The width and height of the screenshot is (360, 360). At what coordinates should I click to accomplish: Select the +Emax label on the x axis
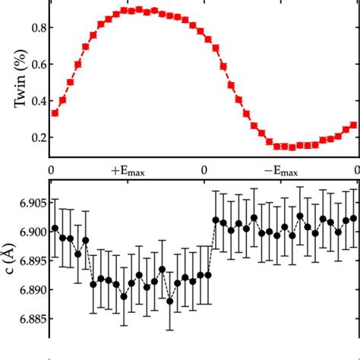(x=126, y=170)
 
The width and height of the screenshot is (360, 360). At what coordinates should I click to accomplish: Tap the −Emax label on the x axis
(x=280, y=170)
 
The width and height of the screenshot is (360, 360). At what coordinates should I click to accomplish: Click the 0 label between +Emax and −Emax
(x=204, y=170)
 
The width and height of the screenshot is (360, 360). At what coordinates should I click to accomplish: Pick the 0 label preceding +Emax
(x=51, y=170)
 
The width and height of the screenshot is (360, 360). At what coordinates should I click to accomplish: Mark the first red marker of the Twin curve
(x=55, y=113)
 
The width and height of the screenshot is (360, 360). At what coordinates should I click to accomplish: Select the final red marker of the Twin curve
(x=353, y=125)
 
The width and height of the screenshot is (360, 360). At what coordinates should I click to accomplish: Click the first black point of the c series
(x=55, y=228)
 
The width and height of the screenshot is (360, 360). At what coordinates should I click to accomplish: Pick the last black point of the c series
(x=353, y=218)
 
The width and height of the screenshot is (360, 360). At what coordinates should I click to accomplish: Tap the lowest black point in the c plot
(x=169, y=301)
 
